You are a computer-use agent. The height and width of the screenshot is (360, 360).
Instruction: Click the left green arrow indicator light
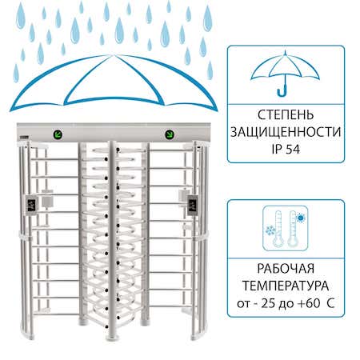pyautogui.click(x=58, y=134)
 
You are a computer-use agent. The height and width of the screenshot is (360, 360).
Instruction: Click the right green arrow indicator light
pyautogui.click(x=170, y=134)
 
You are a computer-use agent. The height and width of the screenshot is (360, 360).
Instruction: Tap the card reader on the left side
pyautogui.click(x=31, y=206)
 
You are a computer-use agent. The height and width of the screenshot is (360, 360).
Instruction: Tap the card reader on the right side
pyautogui.click(x=193, y=206)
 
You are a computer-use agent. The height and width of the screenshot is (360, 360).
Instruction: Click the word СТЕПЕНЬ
pyautogui.click(x=286, y=115)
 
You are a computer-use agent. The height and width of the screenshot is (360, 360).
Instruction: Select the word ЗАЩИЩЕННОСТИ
pyautogui.click(x=286, y=132)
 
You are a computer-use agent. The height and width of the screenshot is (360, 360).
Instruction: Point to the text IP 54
pyautogui.click(x=286, y=149)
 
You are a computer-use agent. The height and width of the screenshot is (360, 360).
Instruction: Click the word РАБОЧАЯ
pyautogui.click(x=286, y=269)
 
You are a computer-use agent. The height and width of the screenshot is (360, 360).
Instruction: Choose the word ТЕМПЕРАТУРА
pyautogui.click(x=286, y=286)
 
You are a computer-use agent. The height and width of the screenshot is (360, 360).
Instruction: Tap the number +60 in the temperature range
pyautogui.click(x=309, y=303)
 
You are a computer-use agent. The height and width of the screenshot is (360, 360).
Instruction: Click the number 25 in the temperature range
pyautogui.click(x=268, y=303)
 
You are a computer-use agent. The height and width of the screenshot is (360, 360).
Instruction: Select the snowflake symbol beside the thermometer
pyautogui.click(x=270, y=230)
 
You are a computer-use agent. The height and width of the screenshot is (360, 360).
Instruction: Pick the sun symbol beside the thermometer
pyautogui.click(x=301, y=218)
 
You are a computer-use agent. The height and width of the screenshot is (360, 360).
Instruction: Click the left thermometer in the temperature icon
pyautogui.click(x=278, y=228)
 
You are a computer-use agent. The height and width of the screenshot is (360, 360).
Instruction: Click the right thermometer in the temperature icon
pyautogui.click(x=293, y=228)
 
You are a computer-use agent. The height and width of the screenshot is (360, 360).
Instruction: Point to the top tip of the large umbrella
pyautogui.click(x=114, y=54)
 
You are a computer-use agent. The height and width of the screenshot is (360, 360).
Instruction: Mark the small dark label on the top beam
pyautogui.click(x=24, y=138)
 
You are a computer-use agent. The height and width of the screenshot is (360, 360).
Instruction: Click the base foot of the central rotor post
pyautogui.click(x=112, y=338)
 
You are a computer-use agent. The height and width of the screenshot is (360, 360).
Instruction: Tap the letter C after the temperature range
pyautogui.click(x=330, y=303)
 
